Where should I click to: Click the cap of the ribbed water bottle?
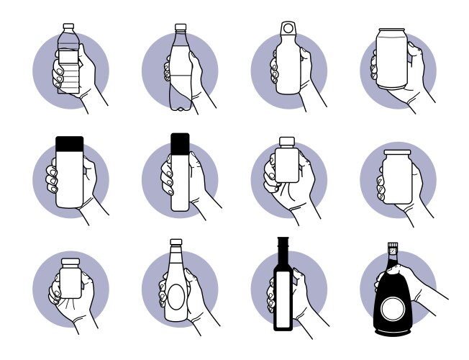[x=69, y=27]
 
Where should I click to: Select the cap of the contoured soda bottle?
[x=181, y=27]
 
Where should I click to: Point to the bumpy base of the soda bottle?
[x=181, y=107]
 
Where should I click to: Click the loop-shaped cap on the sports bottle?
[x=288, y=28]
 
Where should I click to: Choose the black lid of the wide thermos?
[x=70, y=144]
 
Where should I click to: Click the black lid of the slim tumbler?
[x=180, y=143]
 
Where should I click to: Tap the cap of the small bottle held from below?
[x=70, y=262]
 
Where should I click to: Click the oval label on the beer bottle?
[x=176, y=297]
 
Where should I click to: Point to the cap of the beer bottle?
[x=176, y=242]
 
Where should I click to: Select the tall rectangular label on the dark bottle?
[x=283, y=300]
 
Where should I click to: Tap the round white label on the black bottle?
[x=393, y=310]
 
